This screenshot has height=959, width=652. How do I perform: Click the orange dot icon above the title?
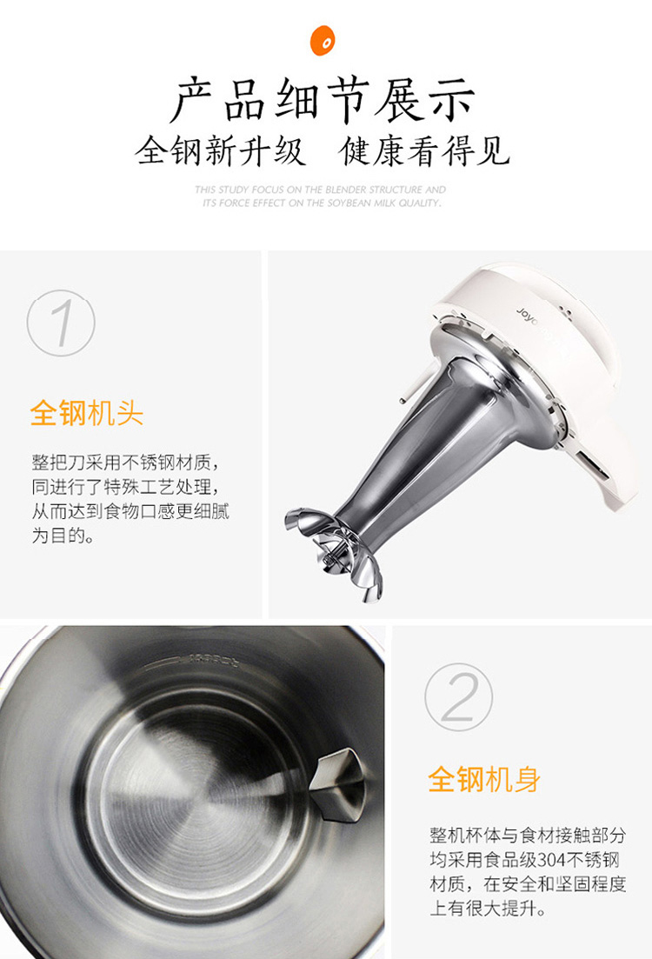click(323, 40)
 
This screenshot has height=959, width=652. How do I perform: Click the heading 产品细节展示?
click(323, 100)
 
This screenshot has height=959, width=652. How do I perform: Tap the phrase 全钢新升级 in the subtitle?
click(220, 150)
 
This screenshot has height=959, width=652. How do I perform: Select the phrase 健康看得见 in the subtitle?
click(425, 150)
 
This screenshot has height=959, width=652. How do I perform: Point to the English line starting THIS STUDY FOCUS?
click(321, 190)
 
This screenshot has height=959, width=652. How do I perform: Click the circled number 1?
click(61, 323)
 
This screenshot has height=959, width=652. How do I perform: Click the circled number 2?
click(459, 696)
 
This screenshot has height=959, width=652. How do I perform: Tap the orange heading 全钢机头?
click(87, 413)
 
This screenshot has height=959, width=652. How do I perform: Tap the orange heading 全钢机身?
click(484, 779)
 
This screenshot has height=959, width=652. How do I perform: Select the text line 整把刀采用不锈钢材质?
click(125, 462)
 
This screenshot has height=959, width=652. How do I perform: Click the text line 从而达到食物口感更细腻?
click(130, 510)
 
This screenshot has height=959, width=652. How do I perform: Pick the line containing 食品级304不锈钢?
click(525, 859)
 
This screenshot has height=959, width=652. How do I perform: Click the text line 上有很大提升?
click(488, 909)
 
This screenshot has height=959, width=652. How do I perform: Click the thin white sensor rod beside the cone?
click(421, 382)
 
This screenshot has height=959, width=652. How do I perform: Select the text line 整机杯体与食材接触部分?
click(528, 835)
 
